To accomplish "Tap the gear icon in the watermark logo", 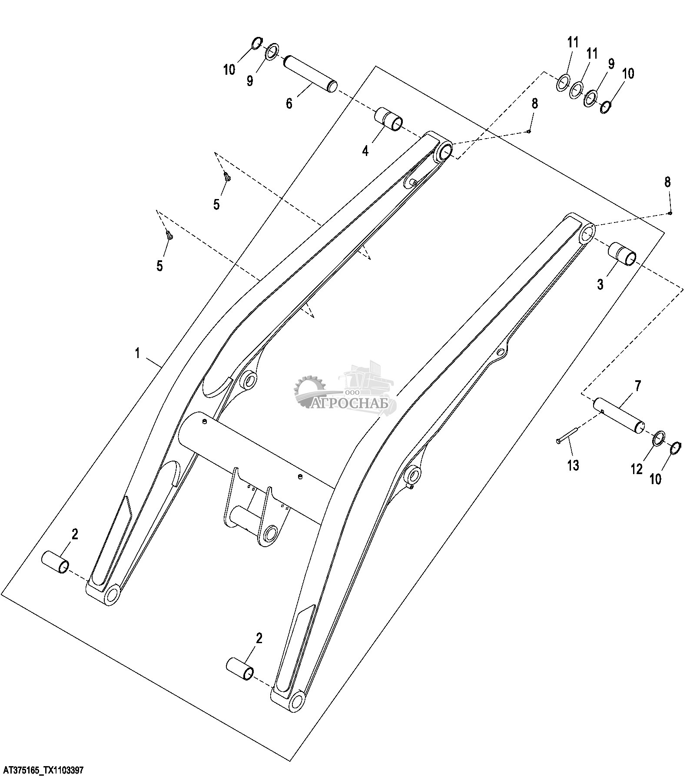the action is pos(309,388).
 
